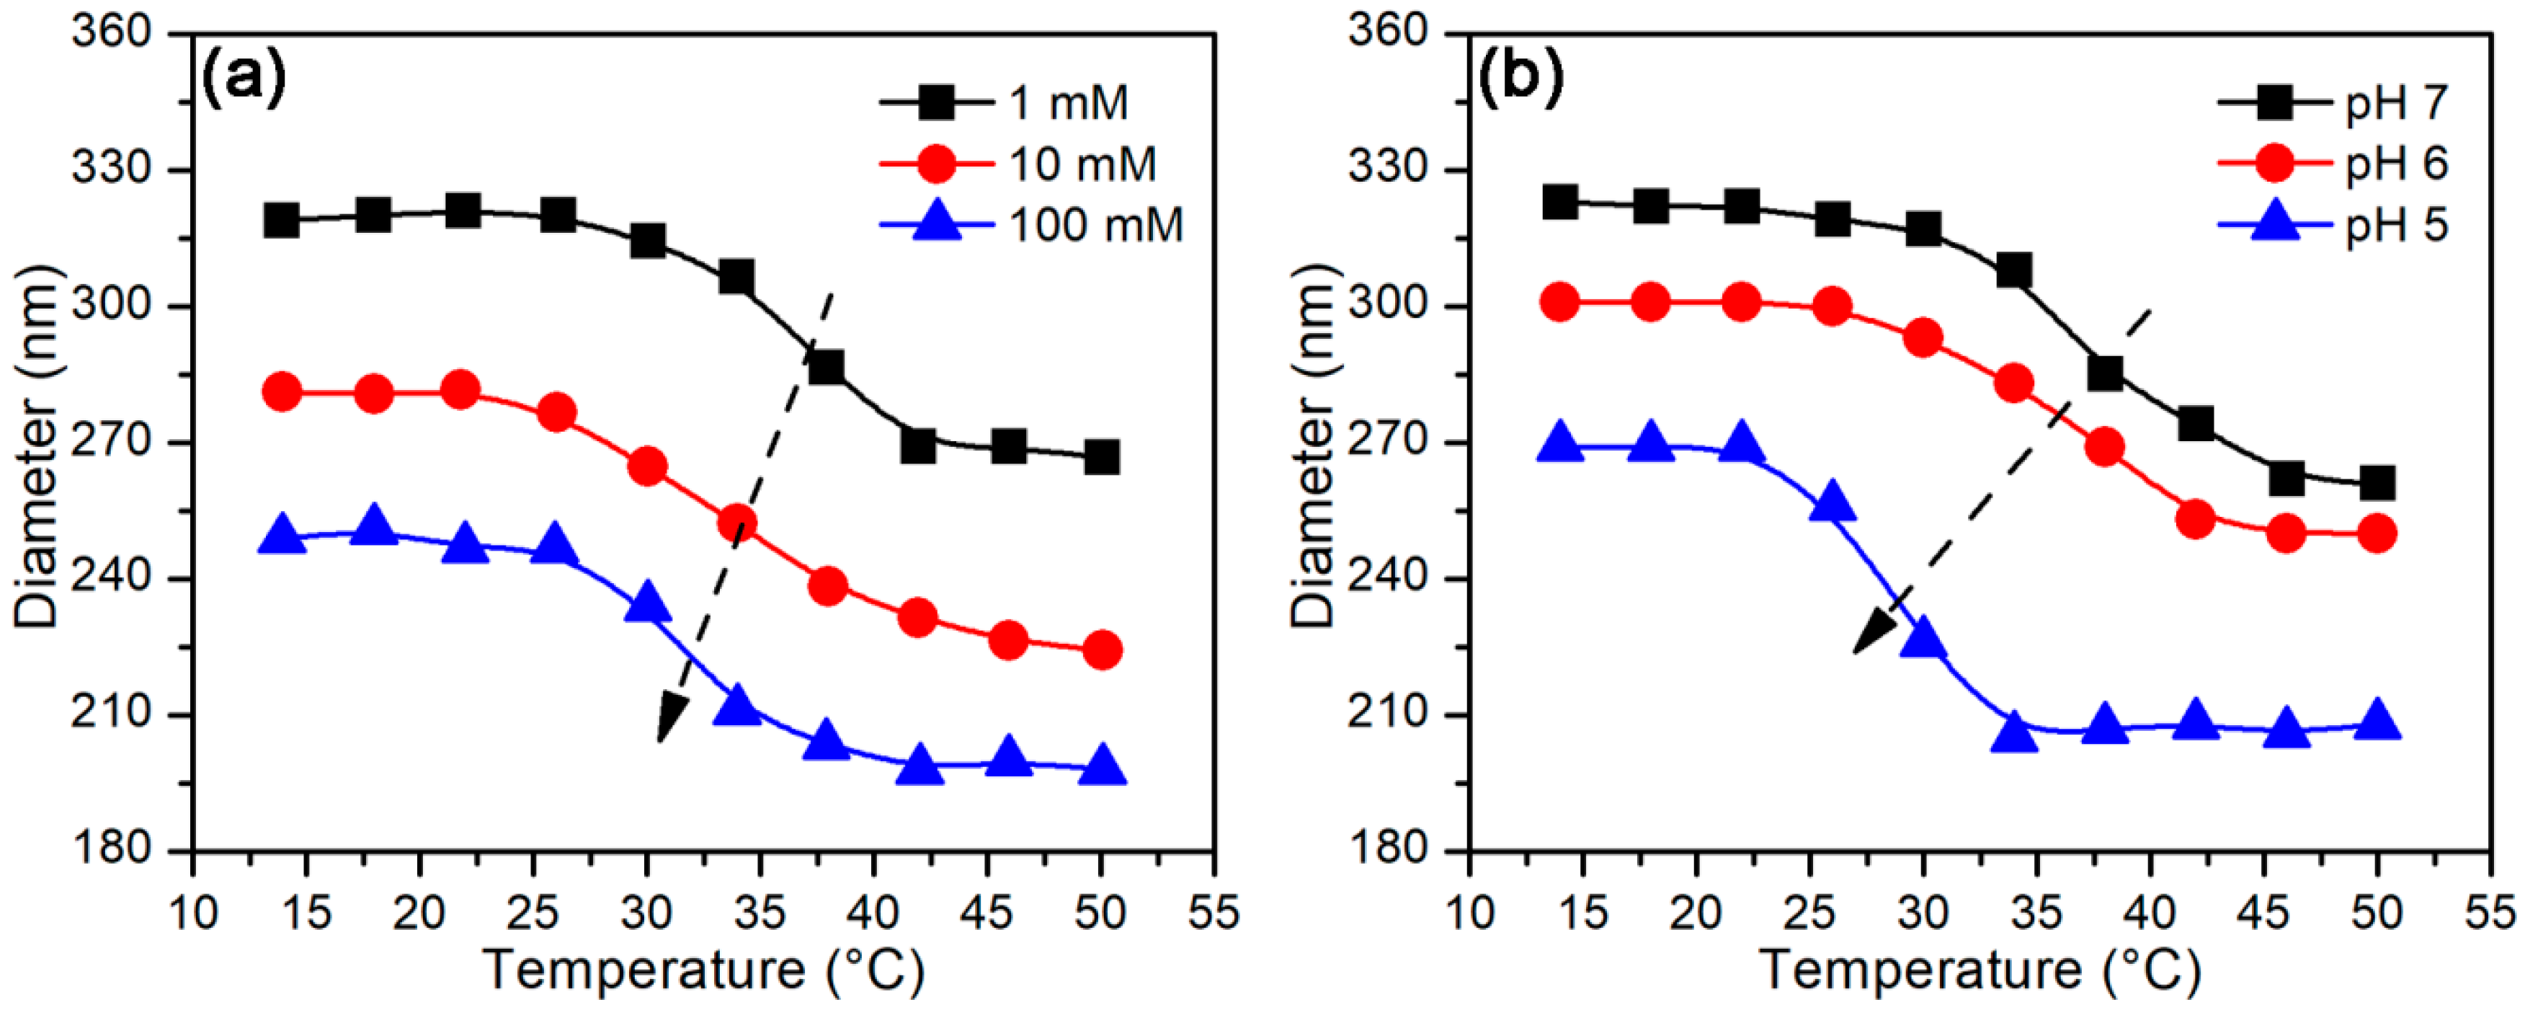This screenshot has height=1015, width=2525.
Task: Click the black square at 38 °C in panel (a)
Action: pyautogui.click(x=827, y=367)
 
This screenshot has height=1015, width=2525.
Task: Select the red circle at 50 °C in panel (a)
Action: pyautogui.click(x=1102, y=650)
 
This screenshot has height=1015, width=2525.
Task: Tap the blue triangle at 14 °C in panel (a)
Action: pyautogui.click(x=282, y=536)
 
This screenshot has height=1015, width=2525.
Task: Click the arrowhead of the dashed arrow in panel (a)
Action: pyautogui.click(x=669, y=720)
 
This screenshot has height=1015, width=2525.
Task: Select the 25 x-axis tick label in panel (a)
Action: pyautogui.click(x=533, y=913)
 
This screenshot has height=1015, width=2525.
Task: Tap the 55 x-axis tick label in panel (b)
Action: pyautogui.click(x=2490, y=913)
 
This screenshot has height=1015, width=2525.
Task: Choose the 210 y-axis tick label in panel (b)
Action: pyautogui.click(x=1390, y=715)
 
